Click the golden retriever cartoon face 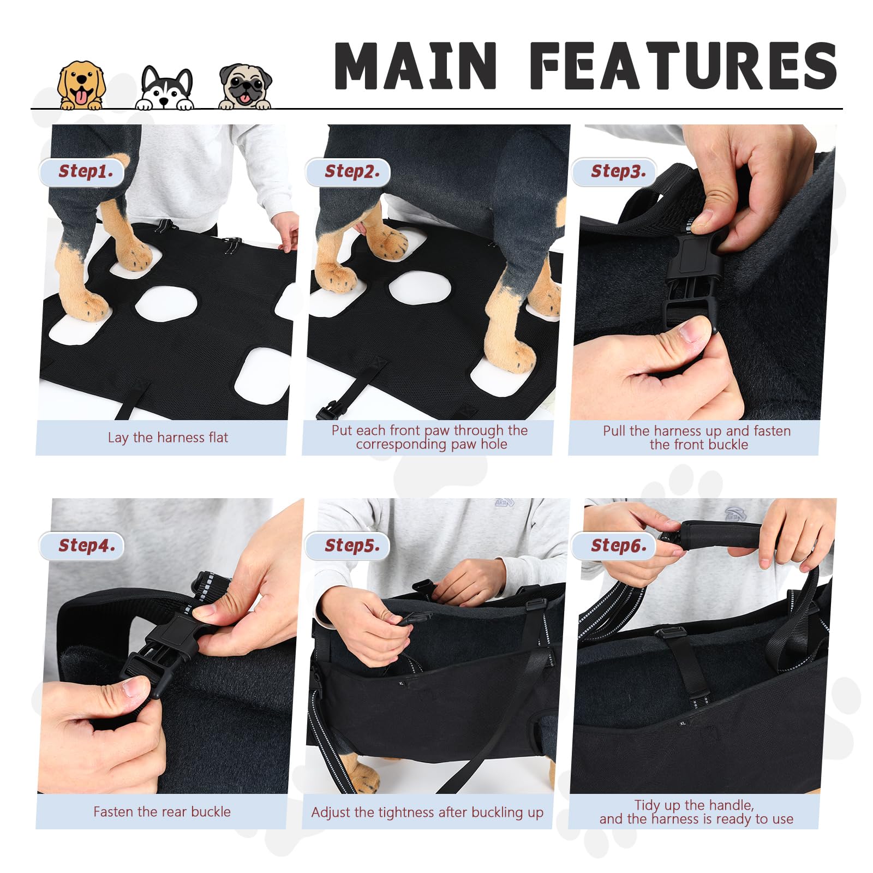point(81,85)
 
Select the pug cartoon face point(245,86)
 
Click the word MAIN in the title point(415,65)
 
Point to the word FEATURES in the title point(683,65)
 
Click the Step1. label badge point(82,172)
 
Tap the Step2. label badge point(349,172)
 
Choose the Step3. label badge point(615,172)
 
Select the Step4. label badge point(82,546)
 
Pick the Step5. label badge point(349,546)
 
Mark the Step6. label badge point(615,546)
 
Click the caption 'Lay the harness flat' point(168,438)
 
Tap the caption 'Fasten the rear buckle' point(162,812)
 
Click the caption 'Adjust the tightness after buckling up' point(427,812)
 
